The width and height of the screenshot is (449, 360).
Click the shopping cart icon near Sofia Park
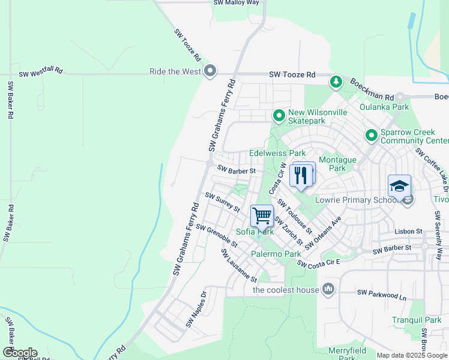pyautogui.click(x=262, y=215)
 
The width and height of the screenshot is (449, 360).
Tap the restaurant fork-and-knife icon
pyautogui.click(x=300, y=175)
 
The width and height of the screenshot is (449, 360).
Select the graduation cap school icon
pyautogui.click(x=399, y=185)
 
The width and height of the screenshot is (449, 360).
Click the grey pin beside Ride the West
pyautogui.click(x=209, y=72)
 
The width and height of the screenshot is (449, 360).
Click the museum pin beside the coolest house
pyautogui.click(x=328, y=290)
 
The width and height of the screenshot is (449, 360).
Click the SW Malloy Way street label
pyautogui.click(x=236, y=3)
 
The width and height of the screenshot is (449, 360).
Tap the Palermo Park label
pyautogui.click(x=276, y=254)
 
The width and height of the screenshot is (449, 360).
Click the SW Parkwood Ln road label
pyautogui.click(x=382, y=293)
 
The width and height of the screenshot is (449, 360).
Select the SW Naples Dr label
pyautogui.click(x=196, y=310)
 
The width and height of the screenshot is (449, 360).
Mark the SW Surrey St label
pyautogui.click(x=222, y=202)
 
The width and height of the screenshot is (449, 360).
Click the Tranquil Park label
pyautogui.click(x=417, y=320)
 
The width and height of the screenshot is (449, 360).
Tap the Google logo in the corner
pyautogui.click(x=19, y=353)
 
